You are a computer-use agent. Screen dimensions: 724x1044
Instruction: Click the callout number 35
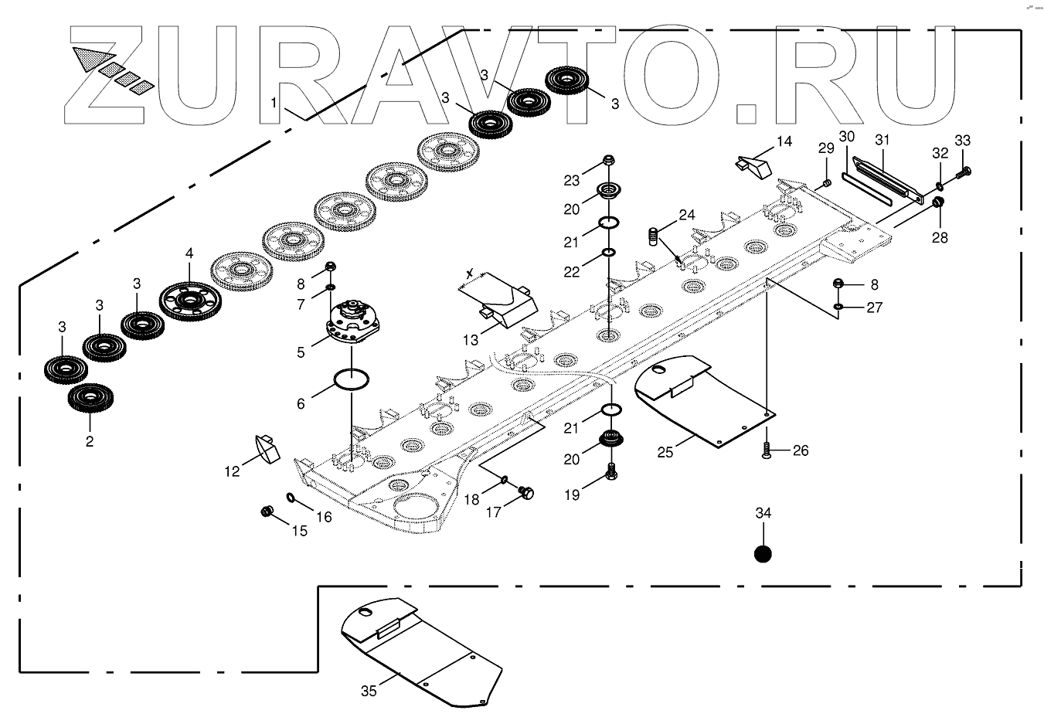coord(369,691)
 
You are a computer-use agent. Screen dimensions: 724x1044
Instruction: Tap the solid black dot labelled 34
coord(763,554)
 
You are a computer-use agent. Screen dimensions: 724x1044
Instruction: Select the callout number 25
coord(665,451)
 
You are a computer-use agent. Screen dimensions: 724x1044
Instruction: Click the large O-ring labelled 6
coord(351,380)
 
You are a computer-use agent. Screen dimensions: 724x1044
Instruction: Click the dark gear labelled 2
coord(90,397)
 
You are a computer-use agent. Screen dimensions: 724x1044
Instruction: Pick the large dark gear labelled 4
coord(190,297)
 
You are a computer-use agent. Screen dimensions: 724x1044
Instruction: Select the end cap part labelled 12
coord(264,447)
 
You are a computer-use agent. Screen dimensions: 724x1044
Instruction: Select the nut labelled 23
coord(608,161)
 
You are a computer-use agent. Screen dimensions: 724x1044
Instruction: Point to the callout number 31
coord(882,140)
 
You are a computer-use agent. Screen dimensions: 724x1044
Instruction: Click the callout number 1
coord(274,101)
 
